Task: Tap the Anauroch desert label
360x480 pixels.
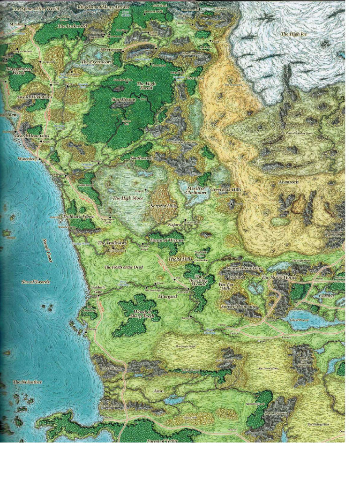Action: point(289,181)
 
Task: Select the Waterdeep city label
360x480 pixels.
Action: point(27,159)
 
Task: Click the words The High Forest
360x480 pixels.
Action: point(147,86)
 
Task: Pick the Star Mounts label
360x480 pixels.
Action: point(123,99)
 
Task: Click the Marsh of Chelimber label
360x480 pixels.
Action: point(196,190)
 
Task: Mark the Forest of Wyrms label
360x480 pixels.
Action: point(166,240)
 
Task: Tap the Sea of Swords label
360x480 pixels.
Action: point(36,282)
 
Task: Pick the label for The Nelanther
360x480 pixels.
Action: point(27,382)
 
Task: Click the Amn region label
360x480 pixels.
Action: point(158,390)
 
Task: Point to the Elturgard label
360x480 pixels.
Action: point(167,297)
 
